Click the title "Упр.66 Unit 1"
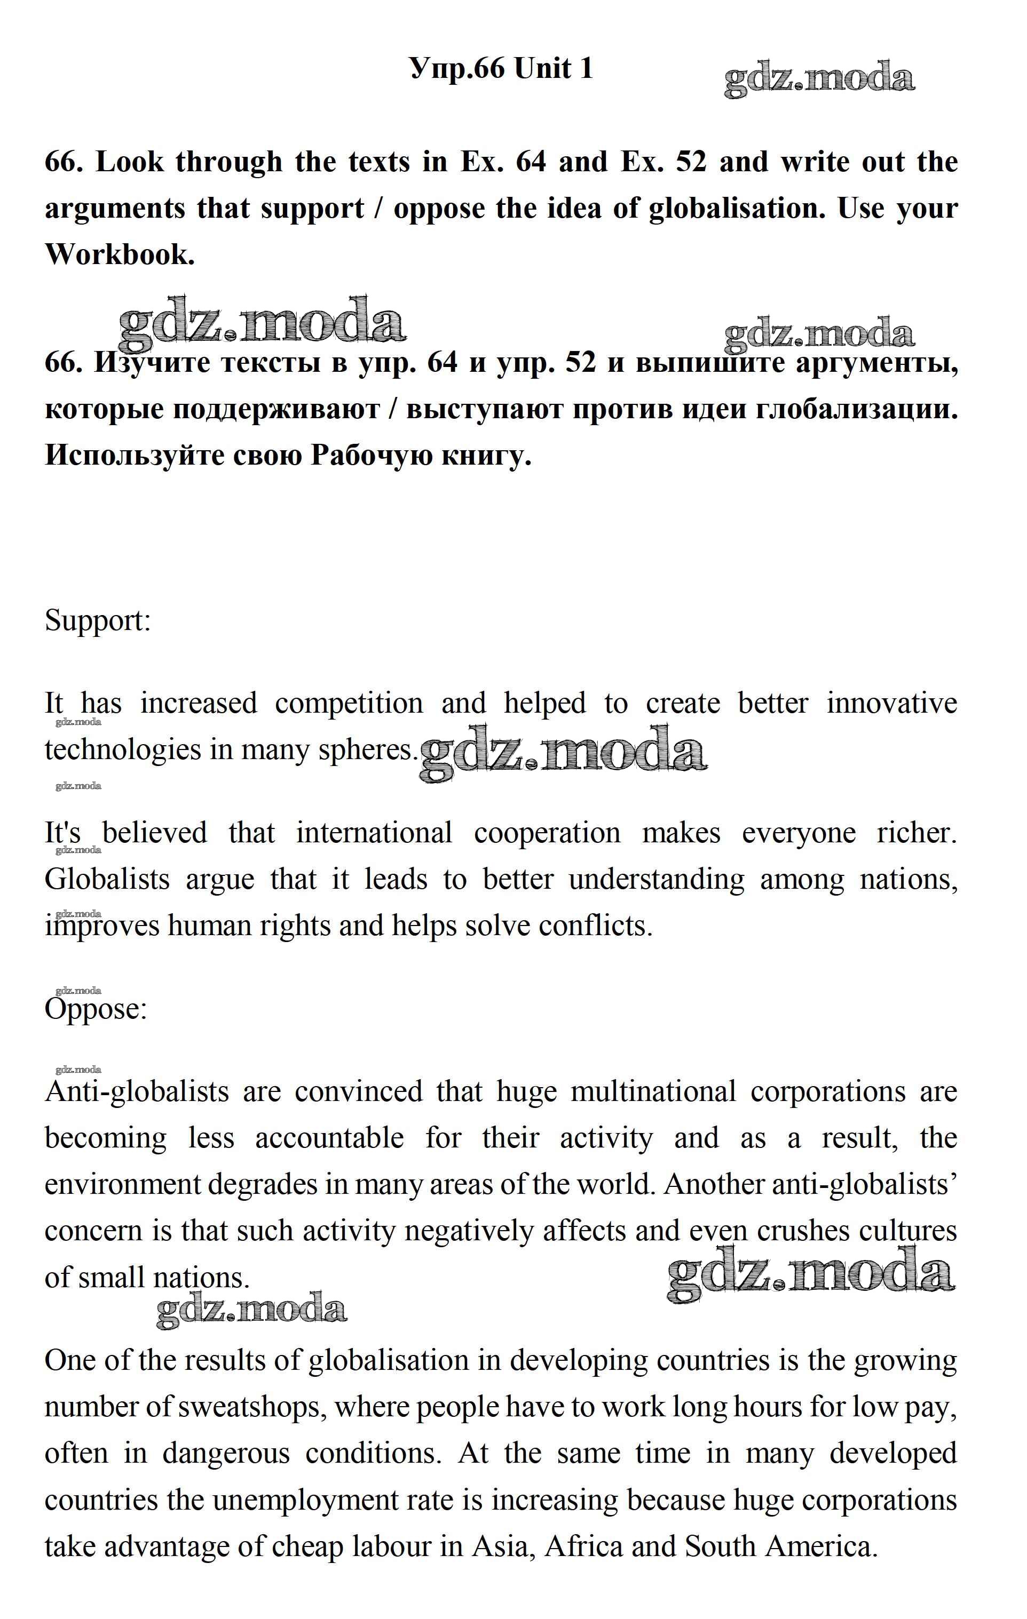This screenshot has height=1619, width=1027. coord(501,69)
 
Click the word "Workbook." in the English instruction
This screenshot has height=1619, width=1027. coord(120,254)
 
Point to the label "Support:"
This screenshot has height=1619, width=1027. coord(98,620)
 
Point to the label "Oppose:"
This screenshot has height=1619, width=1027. coord(96,1009)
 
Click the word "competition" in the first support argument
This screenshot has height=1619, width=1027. coord(349,703)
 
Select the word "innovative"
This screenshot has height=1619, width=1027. coord(891,703)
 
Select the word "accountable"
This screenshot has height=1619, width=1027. coord(329,1138)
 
